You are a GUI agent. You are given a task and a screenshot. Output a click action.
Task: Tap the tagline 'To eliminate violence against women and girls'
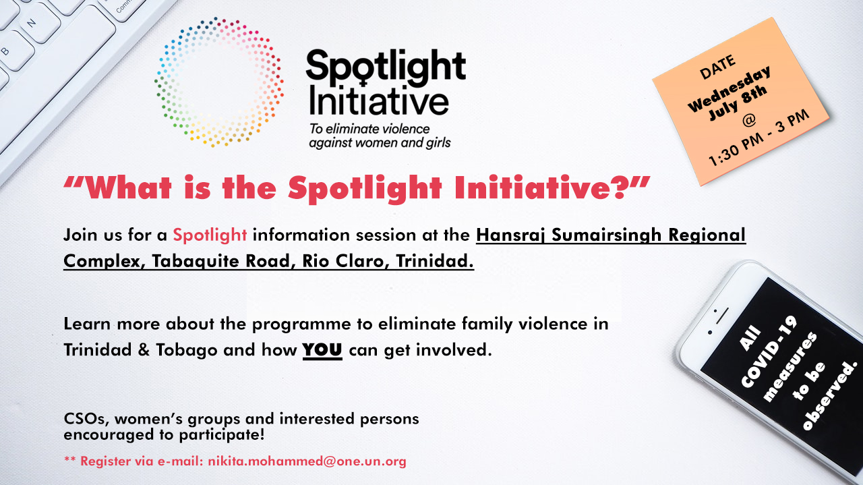click(380, 136)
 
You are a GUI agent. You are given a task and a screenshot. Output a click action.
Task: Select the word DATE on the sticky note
click(717, 67)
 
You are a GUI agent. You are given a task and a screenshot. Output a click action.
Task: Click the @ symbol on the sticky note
click(748, 121)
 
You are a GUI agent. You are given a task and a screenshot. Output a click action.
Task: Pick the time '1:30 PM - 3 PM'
click(758, 138)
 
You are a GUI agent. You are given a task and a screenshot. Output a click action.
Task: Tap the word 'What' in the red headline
click(128, 188)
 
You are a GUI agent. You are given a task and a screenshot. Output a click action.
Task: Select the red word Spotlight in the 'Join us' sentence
click(210, 235)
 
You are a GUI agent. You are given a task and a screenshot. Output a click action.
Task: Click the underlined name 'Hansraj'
click(511, 235)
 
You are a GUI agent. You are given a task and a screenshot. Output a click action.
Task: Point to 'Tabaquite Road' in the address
click(220, 261)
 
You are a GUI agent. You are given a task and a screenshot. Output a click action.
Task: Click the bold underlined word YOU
click(322, 350)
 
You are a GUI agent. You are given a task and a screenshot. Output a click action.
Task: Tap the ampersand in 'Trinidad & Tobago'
click(144, 350)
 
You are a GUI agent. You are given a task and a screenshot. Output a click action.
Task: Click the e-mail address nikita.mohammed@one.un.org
click(307, 461)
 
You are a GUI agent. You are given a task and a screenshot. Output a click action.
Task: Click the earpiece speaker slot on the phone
click(722, 316)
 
